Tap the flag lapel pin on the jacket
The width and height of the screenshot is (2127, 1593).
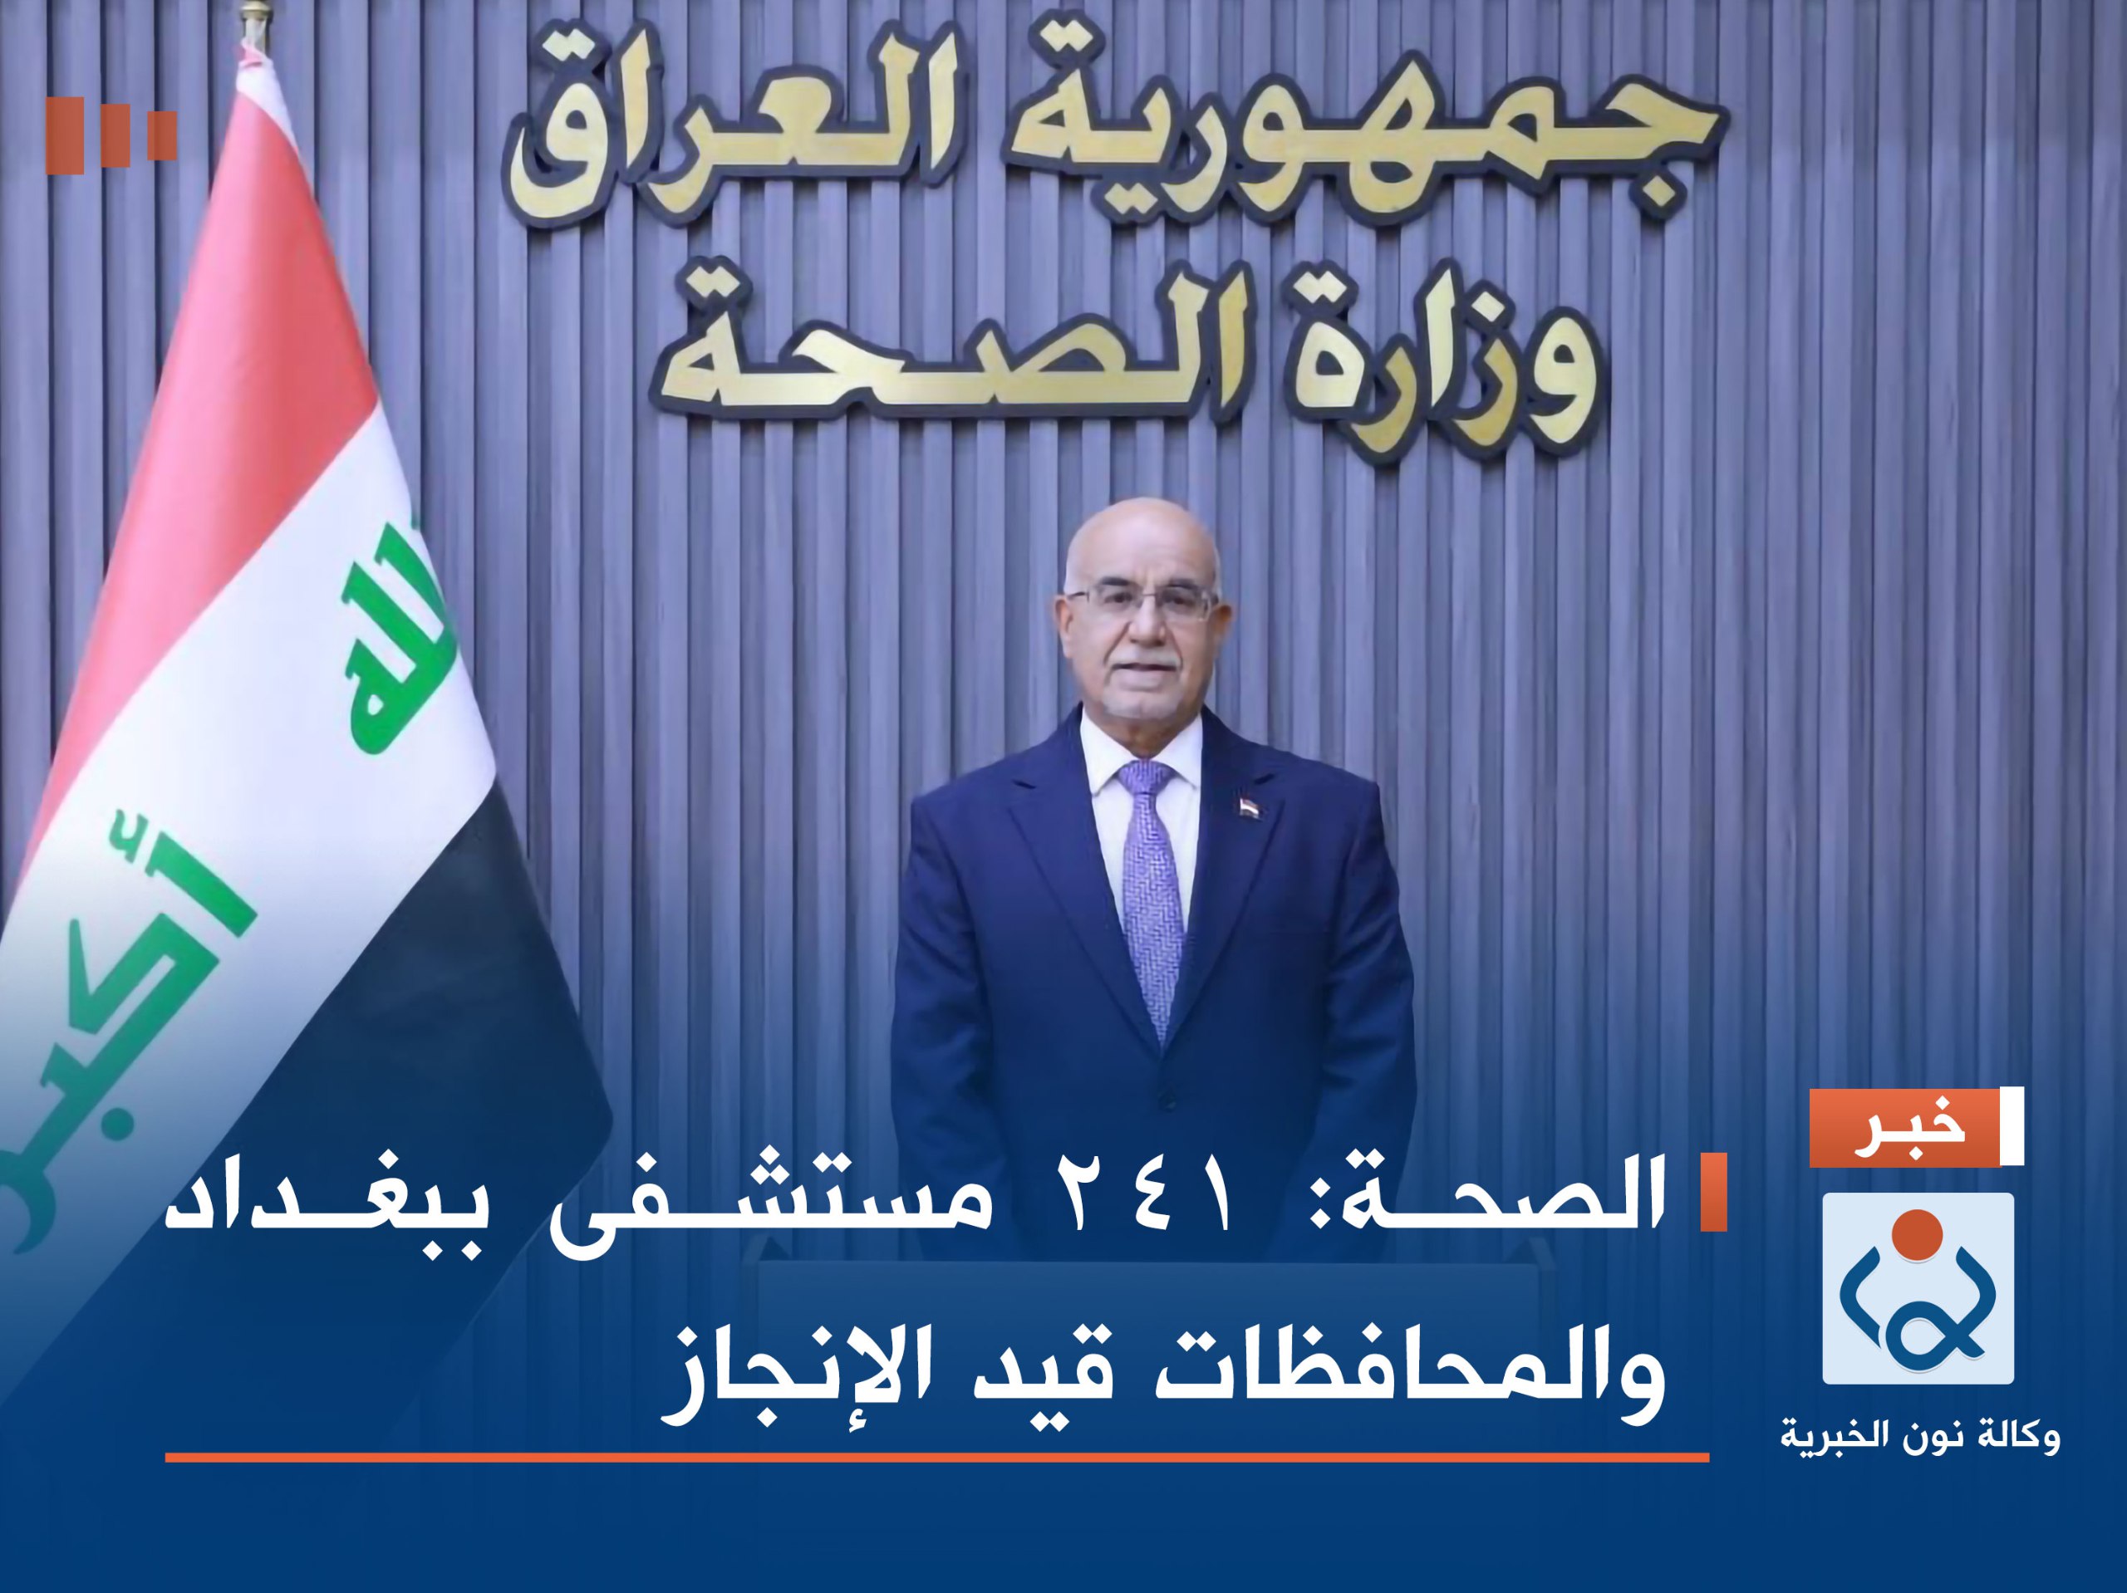(x=1247, y=801)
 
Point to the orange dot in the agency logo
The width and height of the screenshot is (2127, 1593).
(x=1917, y=1238)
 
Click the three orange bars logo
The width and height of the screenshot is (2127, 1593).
(x=111, y=136)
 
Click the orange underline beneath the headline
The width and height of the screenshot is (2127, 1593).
(x=936, y=1458)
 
